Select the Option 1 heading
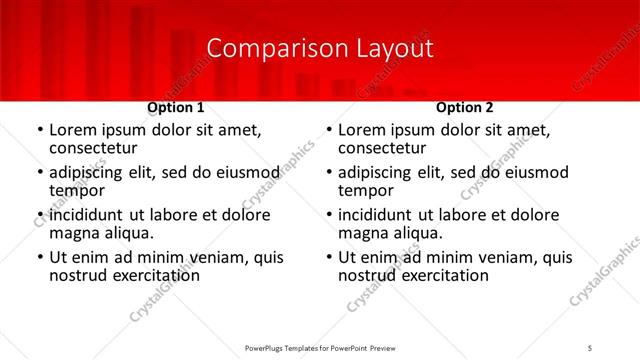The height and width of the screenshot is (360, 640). (x=175, y=107)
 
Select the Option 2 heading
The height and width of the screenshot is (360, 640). (x=465, y=107)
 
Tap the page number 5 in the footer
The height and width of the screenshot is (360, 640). (x=590, y=347)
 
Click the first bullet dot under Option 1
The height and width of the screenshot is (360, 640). (x=40, y=130)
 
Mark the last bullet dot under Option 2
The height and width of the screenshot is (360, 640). (x=330, y=257)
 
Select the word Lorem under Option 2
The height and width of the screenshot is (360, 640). (x=361, y=130)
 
